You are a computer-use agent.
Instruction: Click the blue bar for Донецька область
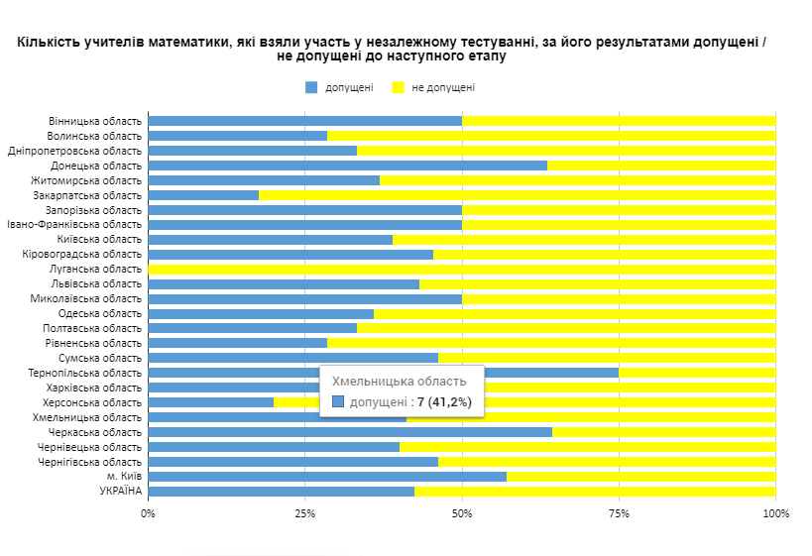[x=347, y=166]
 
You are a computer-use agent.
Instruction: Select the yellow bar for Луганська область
[x=462, y=269]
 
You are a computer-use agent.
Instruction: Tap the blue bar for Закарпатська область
[x=203, y=195]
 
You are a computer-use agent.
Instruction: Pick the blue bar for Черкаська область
[x=350, y=432]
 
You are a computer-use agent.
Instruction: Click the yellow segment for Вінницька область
[x=619, y=121]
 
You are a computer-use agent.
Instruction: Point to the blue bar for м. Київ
[x=327, y=477]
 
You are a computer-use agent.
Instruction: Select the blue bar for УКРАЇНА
[x=282, y=492]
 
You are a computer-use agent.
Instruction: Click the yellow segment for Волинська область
[x=551, y=136]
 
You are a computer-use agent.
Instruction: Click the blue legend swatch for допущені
[x=311, y=87]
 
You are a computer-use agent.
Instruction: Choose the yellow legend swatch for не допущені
[x=399, y=87]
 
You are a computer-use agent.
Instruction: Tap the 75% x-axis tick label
[x=619, y=513]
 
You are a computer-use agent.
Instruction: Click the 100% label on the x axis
[x=775, y=513]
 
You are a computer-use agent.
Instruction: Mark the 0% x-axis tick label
[x=149, y=513]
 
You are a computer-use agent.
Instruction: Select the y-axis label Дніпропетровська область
[x=74, y=151]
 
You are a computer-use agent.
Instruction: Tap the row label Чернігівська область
[x=89, y=462]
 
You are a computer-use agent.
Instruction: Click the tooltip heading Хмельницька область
[x=399, y=382]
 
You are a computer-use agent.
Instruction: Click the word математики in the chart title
[x=183, y=43]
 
